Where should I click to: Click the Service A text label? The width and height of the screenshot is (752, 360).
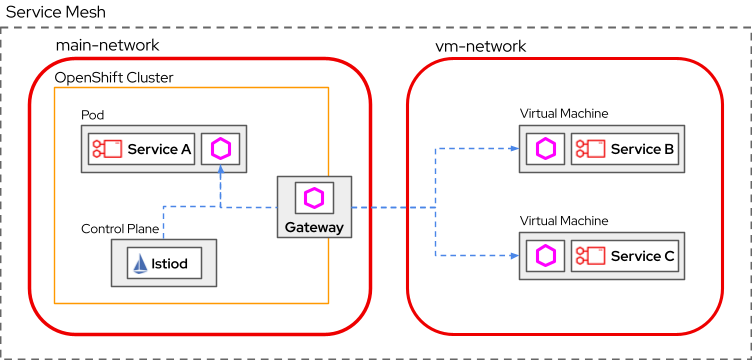(159, 150)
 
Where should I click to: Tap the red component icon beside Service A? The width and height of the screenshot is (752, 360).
(107, 150)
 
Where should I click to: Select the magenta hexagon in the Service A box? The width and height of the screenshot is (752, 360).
(221, 150)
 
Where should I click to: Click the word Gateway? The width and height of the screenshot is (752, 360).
(314, 227)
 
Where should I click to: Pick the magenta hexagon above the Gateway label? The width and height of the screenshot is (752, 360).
(314, 198)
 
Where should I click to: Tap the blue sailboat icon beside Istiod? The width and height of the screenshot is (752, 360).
(141, 264)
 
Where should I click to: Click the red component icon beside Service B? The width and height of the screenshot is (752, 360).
(590, 149)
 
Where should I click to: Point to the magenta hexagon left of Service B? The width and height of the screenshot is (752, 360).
(545, 149)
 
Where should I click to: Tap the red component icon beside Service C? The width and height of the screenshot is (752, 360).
(590, 256)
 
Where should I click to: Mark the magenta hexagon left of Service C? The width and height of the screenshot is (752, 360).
(545, 256)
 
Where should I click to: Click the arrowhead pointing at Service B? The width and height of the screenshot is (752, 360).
(513, 149)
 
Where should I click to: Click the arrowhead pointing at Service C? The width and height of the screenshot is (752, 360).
(513, 256)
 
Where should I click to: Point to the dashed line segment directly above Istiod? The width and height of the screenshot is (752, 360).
(164, 222)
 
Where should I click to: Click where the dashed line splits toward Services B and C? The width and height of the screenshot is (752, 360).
(435, 208)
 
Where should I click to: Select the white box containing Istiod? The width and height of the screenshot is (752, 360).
(164, 264)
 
